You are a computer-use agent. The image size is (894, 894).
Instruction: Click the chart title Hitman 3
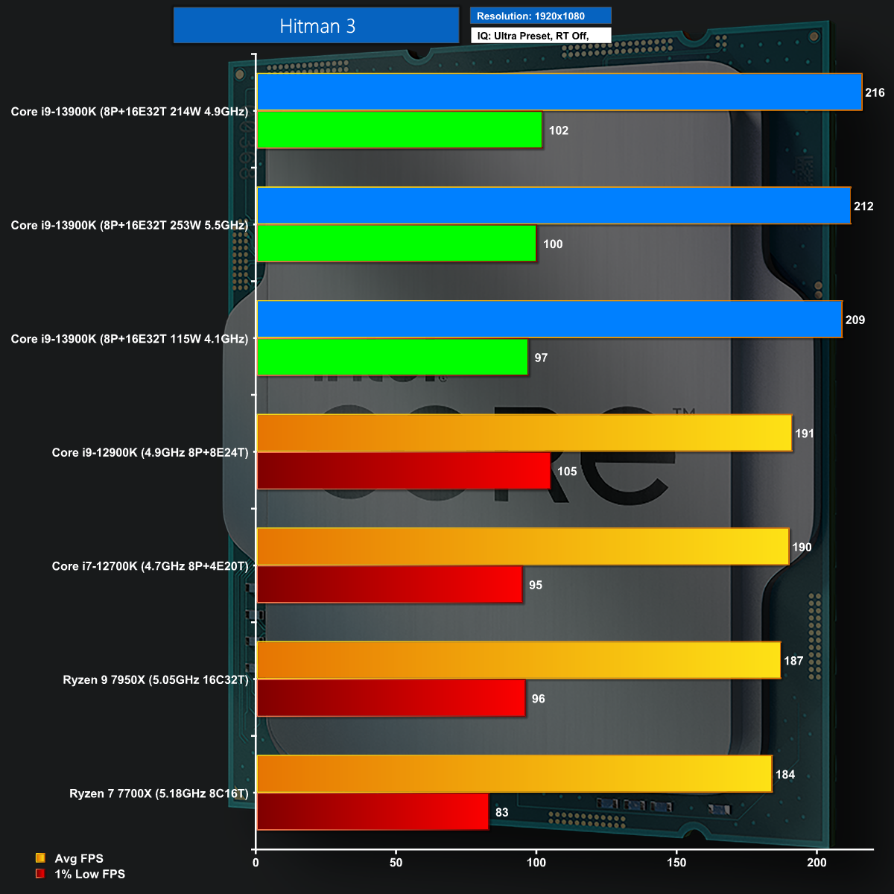pos(317,26)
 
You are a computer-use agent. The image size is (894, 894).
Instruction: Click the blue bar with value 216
pos(559,92)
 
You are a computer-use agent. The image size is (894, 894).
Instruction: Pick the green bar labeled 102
pos(399,130)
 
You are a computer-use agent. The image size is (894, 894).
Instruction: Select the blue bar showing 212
pos(554,206)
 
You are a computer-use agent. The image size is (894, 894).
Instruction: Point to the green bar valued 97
pos(392,358)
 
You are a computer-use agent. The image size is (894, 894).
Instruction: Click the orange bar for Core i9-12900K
pos(524,433)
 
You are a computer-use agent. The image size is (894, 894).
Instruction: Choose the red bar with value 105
pos(403,471)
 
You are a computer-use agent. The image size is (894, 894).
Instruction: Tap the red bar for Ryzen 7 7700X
pos(372,811)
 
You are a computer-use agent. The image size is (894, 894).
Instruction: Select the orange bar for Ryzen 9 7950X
pos(519,660)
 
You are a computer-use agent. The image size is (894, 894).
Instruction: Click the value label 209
pos(855,320)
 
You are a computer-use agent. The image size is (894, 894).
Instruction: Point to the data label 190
pos(802,547)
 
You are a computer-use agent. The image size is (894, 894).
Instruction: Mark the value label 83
pos(502,812)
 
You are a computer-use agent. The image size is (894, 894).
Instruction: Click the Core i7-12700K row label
pos(150,566)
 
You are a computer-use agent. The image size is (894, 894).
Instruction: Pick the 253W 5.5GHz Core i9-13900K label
pos(129,225)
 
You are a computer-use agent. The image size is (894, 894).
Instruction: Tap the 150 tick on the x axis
pos(676,863)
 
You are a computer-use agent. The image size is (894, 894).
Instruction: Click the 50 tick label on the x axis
pos(396,863)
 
